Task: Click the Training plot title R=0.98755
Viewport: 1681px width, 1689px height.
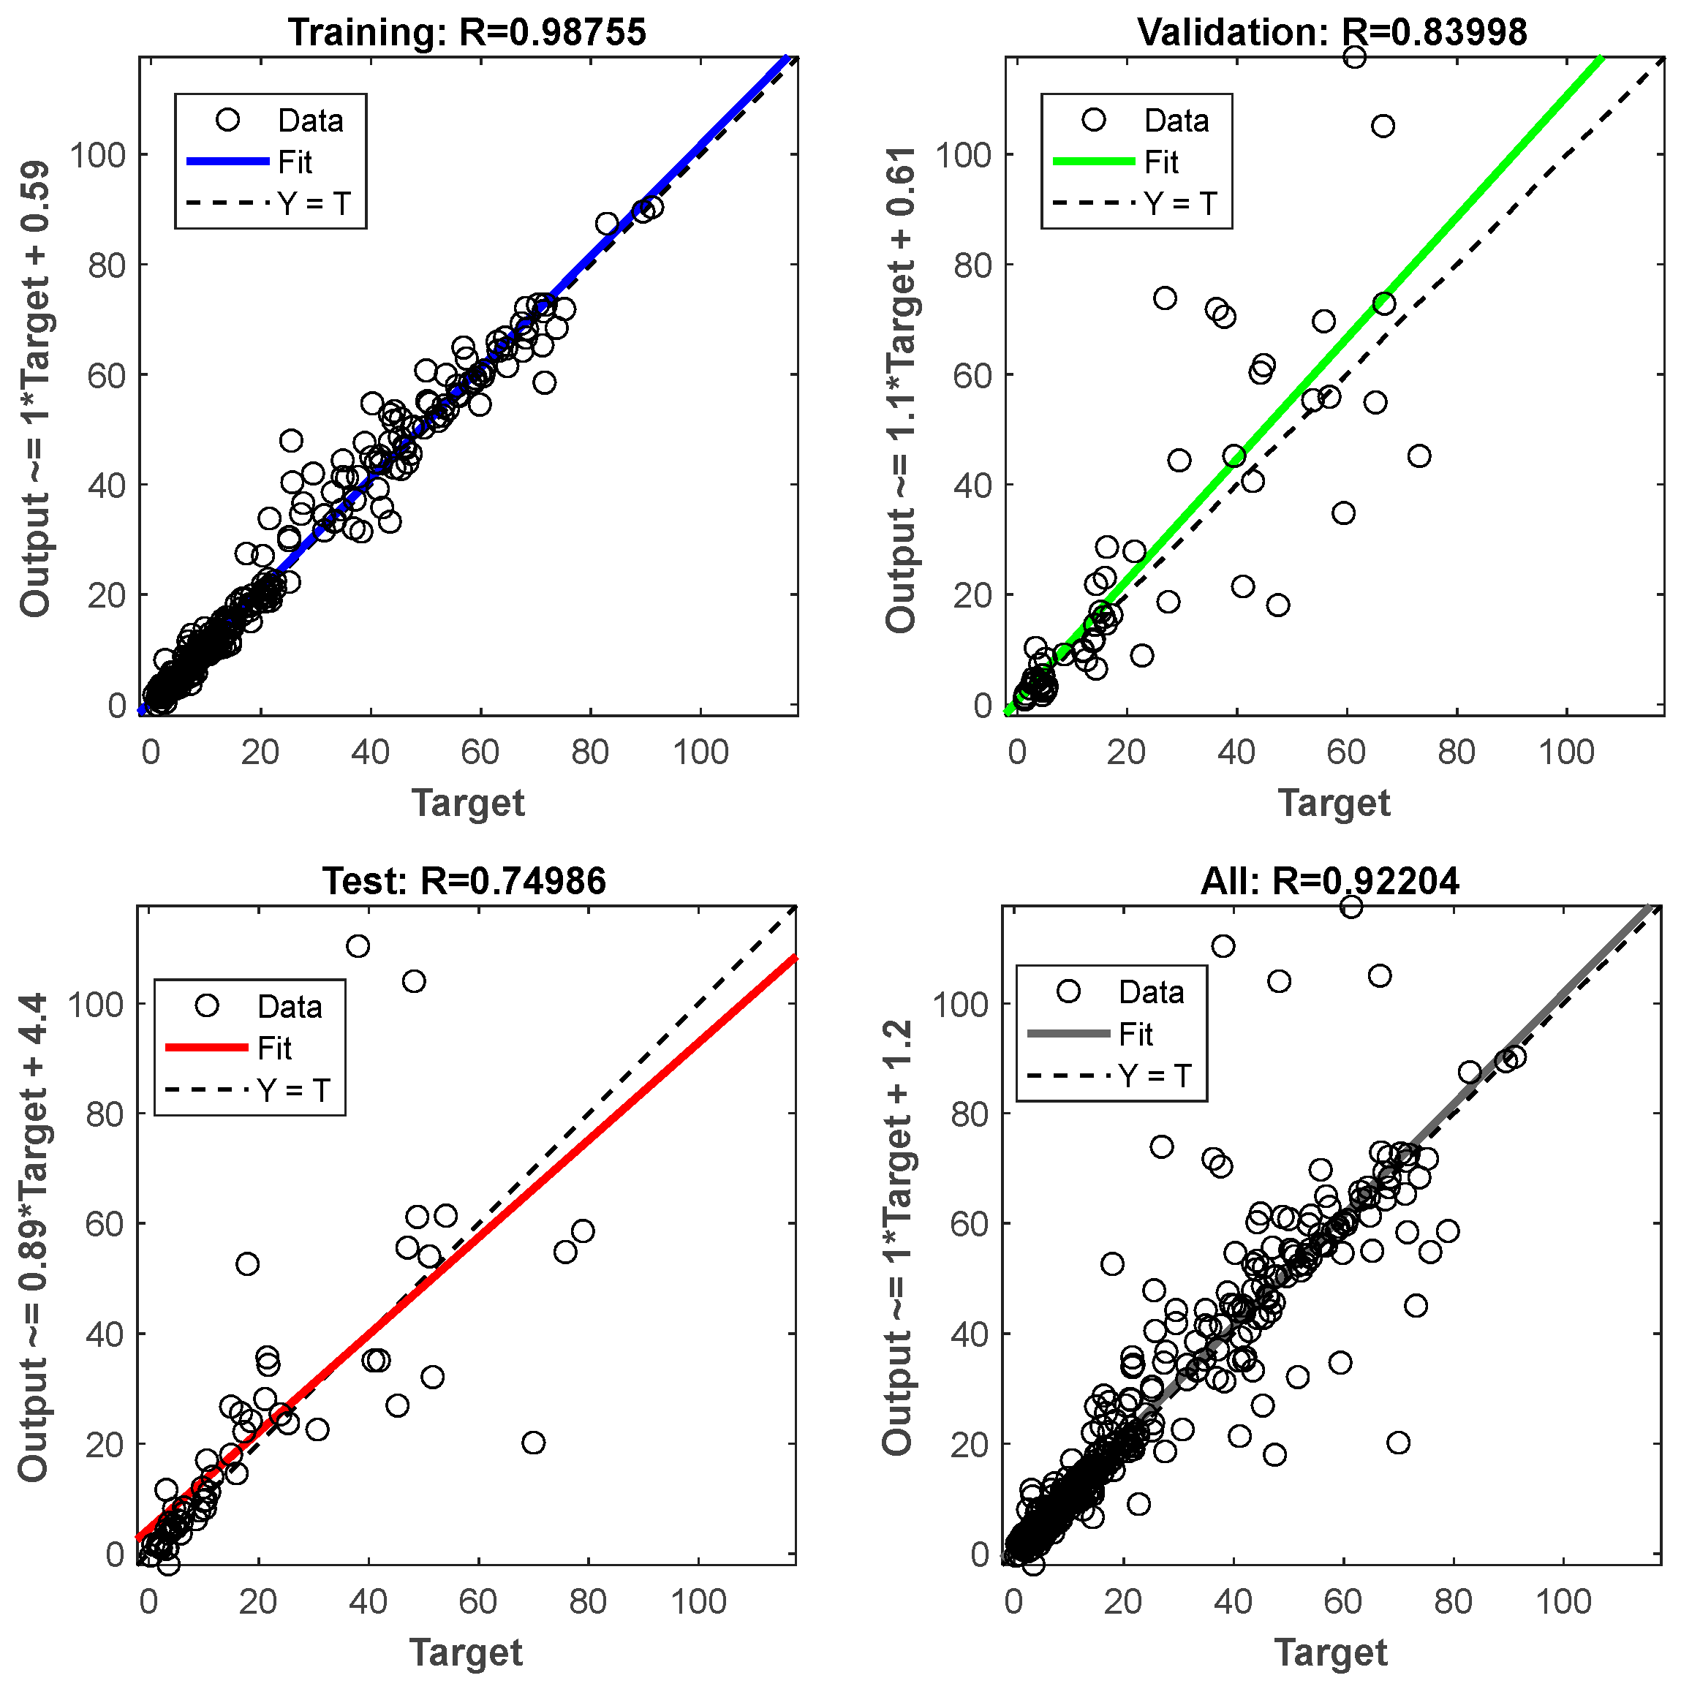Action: click(468, 32)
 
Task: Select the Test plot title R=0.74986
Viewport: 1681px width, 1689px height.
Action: click(464, 881)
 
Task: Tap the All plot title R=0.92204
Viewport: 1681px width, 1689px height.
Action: click(1329, 881)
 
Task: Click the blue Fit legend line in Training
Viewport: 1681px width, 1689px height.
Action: click(227, 162)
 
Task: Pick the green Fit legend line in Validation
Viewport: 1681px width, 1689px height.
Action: click(1094, 162)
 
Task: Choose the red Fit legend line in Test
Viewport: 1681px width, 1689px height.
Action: click(206, 1047)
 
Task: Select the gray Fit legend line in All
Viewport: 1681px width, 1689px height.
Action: click(1068, 1033)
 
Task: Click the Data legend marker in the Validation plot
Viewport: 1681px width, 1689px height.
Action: click(1094, 120)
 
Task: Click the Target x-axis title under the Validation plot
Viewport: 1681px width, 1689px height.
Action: click(1333, 803)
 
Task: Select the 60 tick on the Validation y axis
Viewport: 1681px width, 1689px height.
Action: click(973, 375)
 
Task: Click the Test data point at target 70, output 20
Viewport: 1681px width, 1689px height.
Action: click(533, 1443)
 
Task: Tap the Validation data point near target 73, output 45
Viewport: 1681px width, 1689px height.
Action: click(1419, 456)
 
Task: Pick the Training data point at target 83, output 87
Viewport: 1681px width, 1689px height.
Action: click(608, 224)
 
